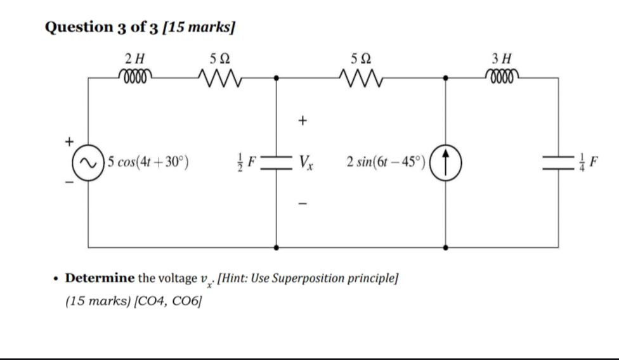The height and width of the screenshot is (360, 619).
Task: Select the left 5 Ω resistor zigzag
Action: click(x=219, y=79)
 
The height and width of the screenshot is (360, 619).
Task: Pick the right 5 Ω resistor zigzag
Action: click(x=362, y=79)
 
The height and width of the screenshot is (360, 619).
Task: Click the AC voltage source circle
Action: click(x=89, y=162)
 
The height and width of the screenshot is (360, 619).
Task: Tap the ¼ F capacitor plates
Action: click(x=559, y=162)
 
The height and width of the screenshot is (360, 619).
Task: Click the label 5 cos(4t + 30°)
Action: click(x=148, y=163)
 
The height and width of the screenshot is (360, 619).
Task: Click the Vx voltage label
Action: click(x=308, y=163)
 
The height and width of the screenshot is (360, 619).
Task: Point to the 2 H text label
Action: click(x=134, y=59)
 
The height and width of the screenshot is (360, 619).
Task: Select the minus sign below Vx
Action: click(x=303, y=204)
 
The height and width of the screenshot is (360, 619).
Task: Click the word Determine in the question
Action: click(x=100, y=278)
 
